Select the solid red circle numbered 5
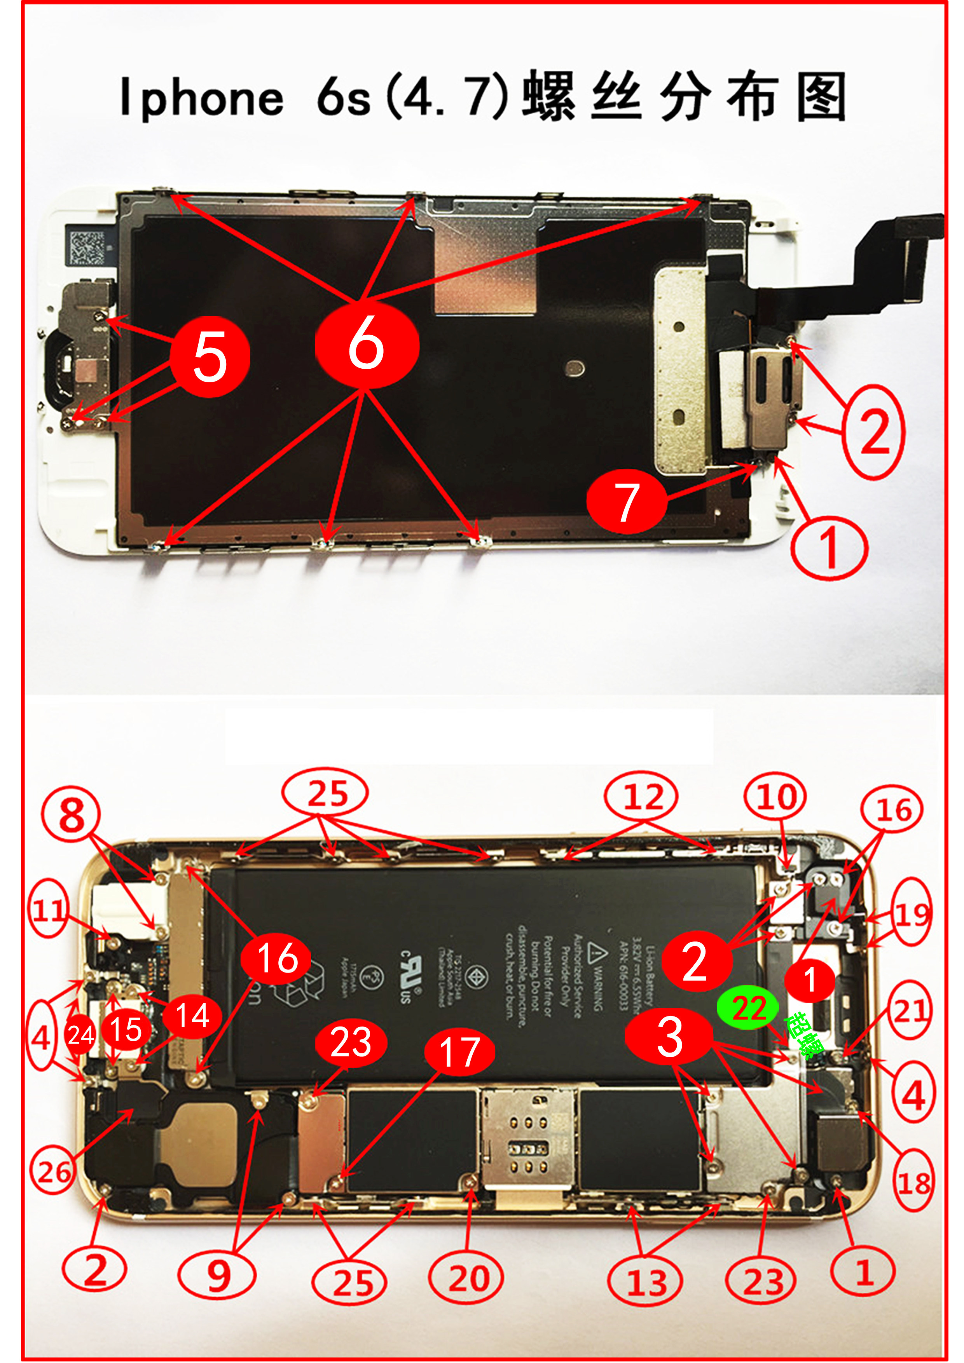click(210, 356)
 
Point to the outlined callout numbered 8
click(71, 815)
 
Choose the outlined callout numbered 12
click(641, 797)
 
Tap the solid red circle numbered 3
click(669, 1036)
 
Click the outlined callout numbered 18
click(913, 1181)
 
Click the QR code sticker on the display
click(88, 244)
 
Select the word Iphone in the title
click(201, 97)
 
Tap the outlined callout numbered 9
click(217, 1275)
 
